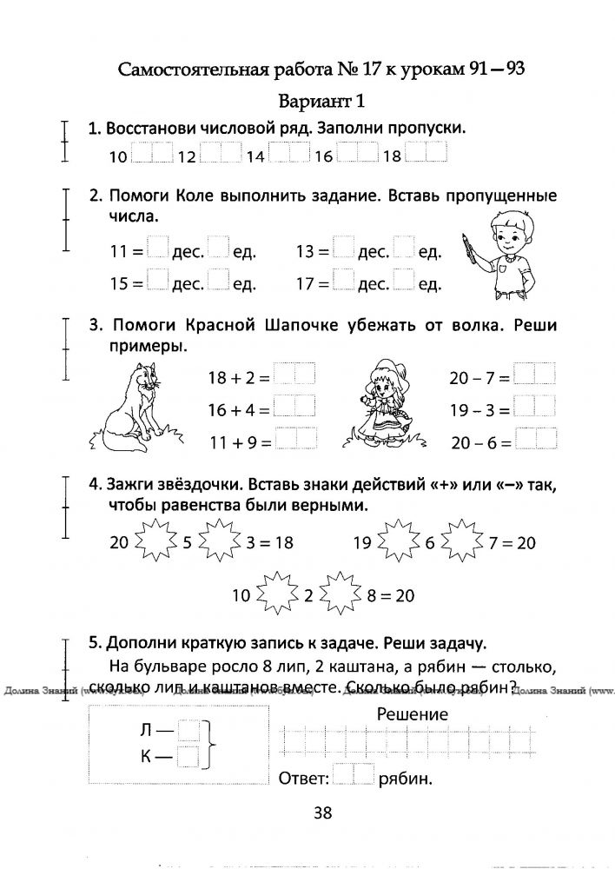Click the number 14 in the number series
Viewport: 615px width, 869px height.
255,156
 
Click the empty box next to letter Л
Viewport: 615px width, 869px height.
188,732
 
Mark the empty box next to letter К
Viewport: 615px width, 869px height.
188,757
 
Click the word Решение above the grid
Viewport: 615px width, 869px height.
413,714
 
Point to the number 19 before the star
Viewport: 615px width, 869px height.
363,544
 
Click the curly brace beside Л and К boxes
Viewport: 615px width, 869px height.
208,745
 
